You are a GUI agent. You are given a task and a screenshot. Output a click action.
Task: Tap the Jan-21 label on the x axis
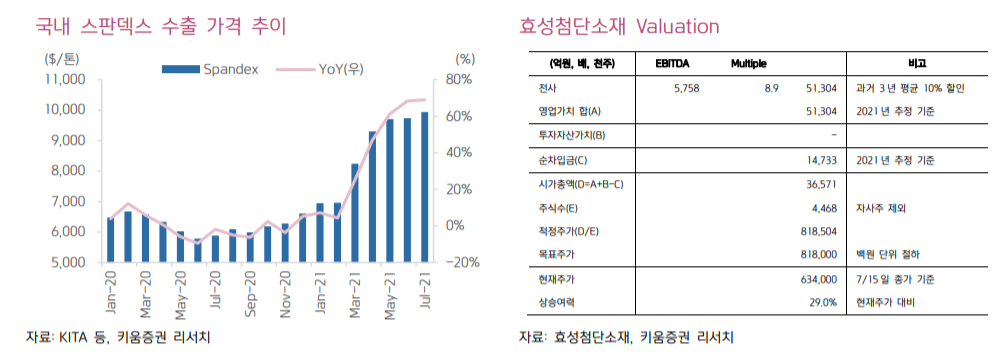320,290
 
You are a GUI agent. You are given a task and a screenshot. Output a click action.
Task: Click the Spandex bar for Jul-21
425,187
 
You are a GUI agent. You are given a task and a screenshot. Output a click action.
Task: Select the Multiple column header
748,64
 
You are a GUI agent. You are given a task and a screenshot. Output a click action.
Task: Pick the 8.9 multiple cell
771,88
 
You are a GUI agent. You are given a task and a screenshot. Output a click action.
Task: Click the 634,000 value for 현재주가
816,278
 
